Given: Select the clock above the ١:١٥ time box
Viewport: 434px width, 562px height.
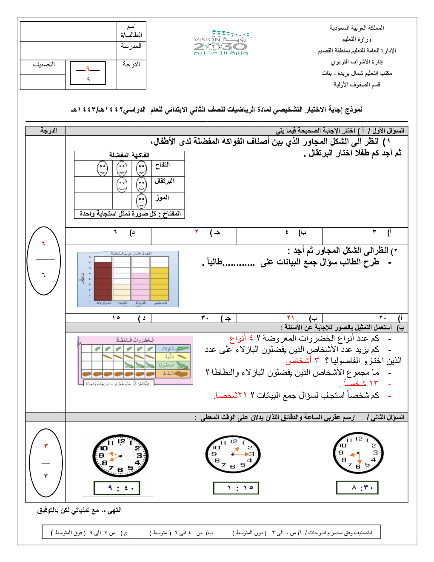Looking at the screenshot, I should coord(233,454).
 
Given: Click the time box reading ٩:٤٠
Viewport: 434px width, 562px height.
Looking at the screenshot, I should coord(117,488).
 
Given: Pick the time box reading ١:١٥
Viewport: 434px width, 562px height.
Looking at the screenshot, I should coord(236,488).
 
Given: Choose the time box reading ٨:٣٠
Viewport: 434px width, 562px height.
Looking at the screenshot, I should coord(357,487).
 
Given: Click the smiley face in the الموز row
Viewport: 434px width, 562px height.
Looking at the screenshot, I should coord(142,201).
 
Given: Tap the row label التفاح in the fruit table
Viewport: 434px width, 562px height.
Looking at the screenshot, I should coord(163,165).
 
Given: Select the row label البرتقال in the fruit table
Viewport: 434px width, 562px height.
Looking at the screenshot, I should coord(165,181).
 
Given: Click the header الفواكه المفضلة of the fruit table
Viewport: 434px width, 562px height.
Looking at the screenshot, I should coord(129,155).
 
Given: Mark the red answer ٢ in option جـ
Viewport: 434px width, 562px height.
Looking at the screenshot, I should coord(197,232).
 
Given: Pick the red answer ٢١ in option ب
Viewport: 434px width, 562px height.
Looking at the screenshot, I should coord(291,318).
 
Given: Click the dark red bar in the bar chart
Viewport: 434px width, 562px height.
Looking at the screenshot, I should coord(103,281).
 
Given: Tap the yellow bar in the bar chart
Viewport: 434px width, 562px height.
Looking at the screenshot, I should coord(160,284).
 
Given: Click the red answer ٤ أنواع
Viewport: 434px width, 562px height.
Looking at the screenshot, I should coord(241,338).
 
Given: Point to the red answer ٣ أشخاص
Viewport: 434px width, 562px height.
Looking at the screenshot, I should coord(302,361).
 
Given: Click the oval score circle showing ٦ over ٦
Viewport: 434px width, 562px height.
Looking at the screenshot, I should coord(43,260).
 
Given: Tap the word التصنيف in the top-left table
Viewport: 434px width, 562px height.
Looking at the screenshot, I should coord(44,65).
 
